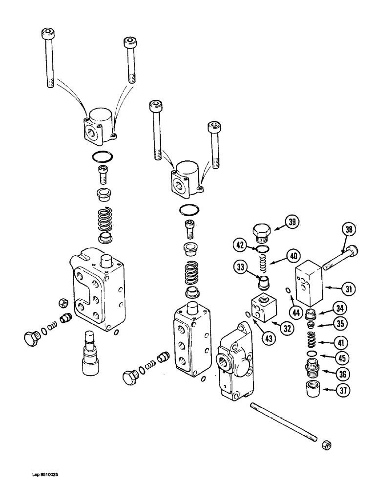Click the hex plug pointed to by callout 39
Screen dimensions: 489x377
(x=261, y=230)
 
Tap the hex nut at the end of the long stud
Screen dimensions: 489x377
(x=324, y=446)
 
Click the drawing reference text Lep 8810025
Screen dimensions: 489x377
(x=46, y=474)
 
